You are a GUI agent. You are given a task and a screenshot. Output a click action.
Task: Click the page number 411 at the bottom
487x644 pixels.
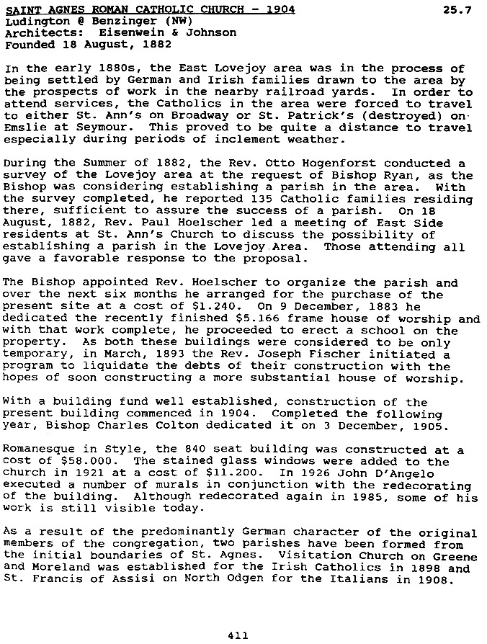(x=237, y=635)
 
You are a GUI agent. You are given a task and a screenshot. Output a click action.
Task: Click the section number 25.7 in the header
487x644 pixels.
(x=457, y=10)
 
